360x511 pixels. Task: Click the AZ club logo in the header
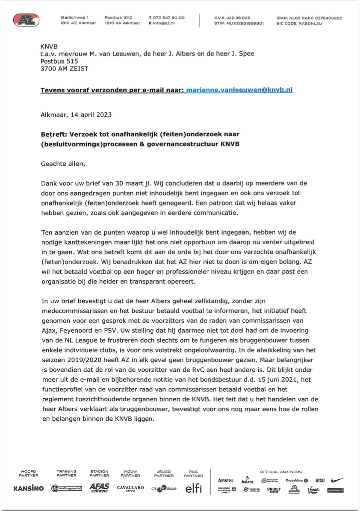point(26,20)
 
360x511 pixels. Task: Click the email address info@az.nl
point(164,23)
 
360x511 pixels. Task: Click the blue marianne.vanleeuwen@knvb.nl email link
point(239,90)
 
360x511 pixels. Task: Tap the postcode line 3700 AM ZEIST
point(65,68)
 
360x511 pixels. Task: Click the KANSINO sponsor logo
point(28,488)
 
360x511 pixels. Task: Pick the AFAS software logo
point(99,488)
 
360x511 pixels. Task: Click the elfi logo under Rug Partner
point(193,488)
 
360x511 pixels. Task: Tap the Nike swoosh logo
point(337,480)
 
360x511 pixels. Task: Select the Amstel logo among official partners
point(226,480)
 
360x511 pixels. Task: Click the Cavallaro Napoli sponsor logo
point(130,488)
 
